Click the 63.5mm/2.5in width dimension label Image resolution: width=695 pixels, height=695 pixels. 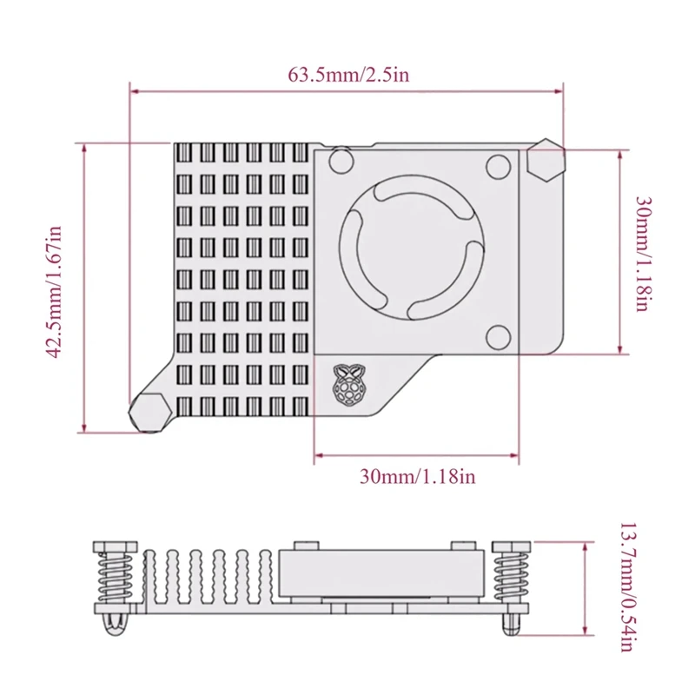347,74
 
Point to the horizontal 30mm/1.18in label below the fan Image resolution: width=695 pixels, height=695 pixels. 417,475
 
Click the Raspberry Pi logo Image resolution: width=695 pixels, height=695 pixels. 347,386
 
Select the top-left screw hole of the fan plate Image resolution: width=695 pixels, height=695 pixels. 341,160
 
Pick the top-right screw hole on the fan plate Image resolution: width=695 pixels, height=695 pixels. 498,164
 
